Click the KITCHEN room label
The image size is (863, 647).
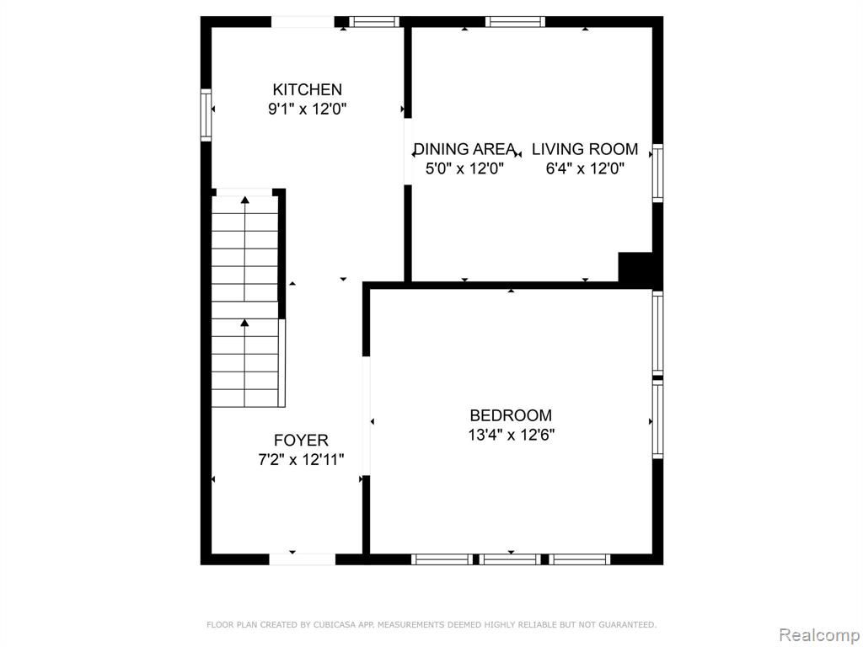coord(307,89)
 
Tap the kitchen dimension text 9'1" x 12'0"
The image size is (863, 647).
coord(307,109)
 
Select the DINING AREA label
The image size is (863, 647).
coord(464,149)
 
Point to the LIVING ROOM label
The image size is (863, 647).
coord(585,149)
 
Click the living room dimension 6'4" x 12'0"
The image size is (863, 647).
coord(585,168)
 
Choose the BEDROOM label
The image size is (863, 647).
coord(511,414)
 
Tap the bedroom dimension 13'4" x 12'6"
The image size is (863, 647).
coord(511,435)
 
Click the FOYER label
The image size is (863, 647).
coord(301,440)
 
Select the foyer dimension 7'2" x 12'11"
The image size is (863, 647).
coord(301,459)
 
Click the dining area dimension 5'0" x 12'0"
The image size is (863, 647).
coord(464,168)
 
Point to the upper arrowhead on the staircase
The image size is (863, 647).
coord(245,200)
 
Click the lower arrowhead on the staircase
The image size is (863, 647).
coord(245,323)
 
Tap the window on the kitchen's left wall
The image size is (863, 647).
coord(206,115)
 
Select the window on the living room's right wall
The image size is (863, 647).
coord(657,173)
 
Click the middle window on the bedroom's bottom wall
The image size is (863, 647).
coord(510,559)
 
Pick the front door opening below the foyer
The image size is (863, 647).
coord(303,559)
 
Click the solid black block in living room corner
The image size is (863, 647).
coord(635,269)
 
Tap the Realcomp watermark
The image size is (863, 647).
coord(819,634)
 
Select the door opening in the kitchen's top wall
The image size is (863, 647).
coord(303,22)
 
